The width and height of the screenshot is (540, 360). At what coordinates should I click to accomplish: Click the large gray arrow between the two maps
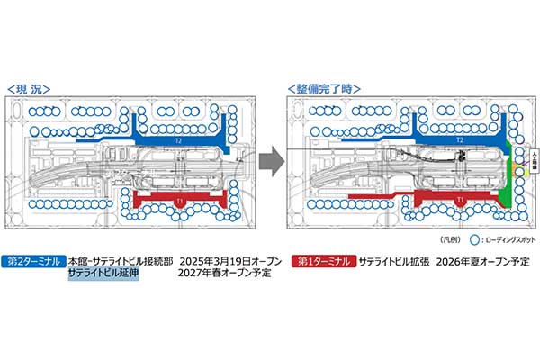[x=267, y=166]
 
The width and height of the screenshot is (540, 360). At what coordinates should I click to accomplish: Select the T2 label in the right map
[x=459, y=141]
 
